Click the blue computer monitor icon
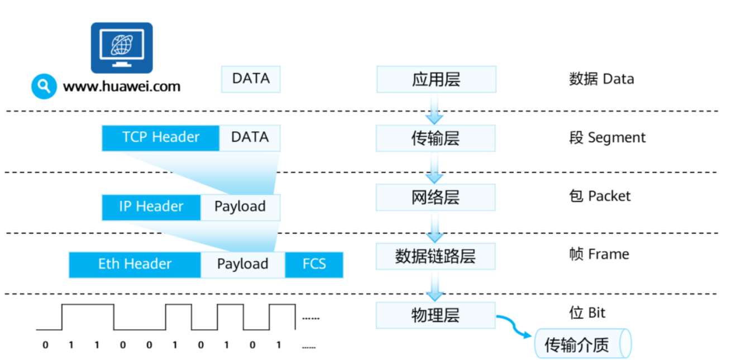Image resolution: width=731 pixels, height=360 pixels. pos(122,47)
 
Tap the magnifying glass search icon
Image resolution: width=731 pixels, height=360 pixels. pos(44,86)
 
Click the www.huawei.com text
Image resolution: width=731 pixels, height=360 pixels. pos(122,87)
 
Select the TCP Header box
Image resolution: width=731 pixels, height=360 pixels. pos(161,138)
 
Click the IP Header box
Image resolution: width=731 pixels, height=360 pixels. pos(151,207)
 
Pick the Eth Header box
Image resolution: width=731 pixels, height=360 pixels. pos(135,265)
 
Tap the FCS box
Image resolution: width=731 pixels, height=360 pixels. pos(314,265)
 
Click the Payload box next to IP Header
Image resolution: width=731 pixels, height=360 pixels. pos(240,207)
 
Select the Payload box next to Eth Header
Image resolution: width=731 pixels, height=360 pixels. pos(243,265)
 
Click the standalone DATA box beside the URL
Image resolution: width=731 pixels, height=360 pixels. pos(251,79)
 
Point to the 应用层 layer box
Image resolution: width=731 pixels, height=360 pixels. pos(436,79)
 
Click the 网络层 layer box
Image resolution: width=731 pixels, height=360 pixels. pos(436,198)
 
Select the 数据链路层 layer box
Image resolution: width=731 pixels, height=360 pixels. pos(436,257)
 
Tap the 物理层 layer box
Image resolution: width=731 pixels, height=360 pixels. pos(436,315)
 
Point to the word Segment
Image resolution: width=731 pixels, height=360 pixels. pos(617,138)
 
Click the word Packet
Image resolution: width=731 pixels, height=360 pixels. pos(609,196)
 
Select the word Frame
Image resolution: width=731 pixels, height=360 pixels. pos(608,255)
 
